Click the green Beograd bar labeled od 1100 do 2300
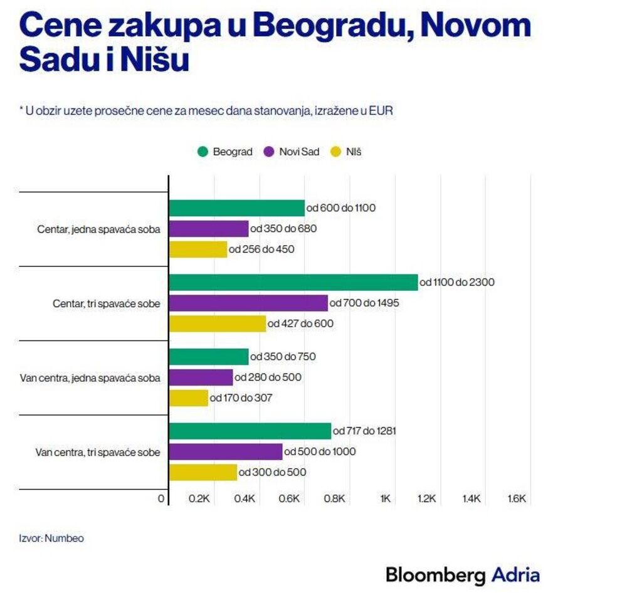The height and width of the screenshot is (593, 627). pos(293,283)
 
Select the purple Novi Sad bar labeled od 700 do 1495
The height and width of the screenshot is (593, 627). pos(248,303)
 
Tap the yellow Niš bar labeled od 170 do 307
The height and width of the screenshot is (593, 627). pos(188,398)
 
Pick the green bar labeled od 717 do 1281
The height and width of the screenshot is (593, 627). pos(250,431)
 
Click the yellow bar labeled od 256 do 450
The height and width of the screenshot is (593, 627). pos(198,249)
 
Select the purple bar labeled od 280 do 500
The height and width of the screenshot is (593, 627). pos(201,377)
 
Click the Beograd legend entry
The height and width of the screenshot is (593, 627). pos(225,152)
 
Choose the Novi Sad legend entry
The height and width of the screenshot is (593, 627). pos(292,152)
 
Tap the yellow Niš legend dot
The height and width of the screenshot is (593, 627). pos(335,152)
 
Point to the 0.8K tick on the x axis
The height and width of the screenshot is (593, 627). pos(335,499)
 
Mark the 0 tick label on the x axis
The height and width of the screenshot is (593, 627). pos(161,499)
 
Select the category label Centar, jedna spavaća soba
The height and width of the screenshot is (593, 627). pos(98,229)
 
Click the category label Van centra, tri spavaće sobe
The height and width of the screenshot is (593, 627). pos(98,452)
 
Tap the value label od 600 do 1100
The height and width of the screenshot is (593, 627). pos(341,208)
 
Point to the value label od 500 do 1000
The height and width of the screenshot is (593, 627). pos(320,452)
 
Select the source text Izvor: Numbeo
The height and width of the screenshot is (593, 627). pos(51,538)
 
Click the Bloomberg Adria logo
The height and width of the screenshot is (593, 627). pos(462,574)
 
